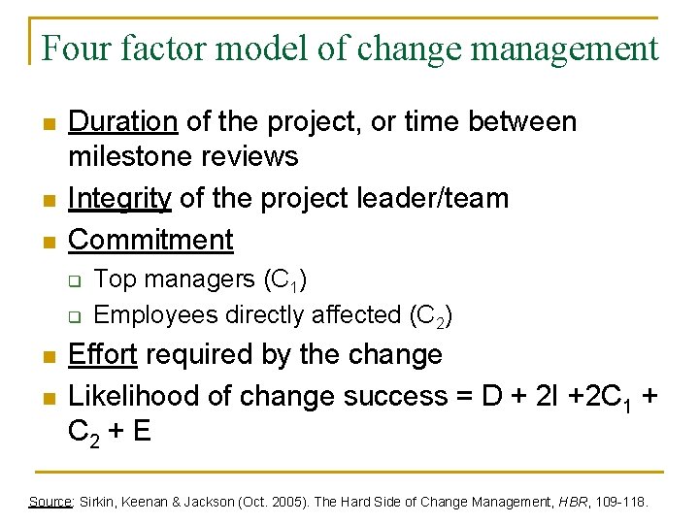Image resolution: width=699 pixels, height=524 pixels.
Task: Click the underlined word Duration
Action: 122,121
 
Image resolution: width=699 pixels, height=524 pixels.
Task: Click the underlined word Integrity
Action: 120,198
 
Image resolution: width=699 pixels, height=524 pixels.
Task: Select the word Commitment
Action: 151,239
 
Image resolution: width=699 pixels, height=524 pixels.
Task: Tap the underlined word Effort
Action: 103,355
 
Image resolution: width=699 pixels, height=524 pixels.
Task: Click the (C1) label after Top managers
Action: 285,280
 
